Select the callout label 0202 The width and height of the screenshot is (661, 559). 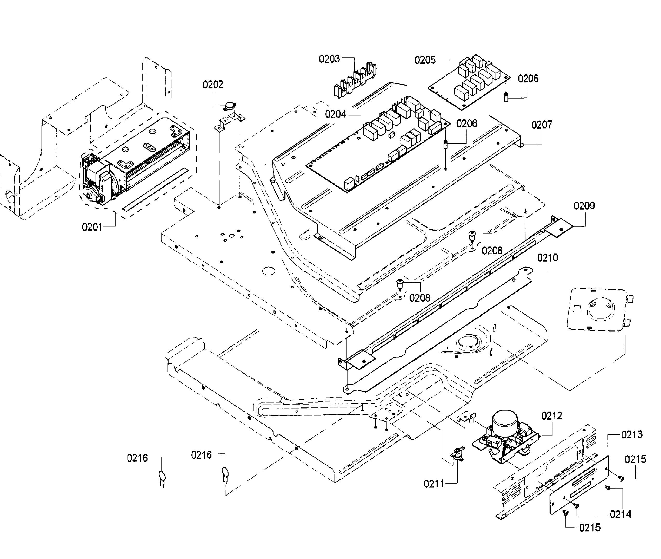click(213, 84)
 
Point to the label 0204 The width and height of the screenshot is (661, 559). click(336, 114)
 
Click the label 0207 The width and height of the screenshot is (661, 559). click(542, 125)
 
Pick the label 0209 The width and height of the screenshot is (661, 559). click(584, 206)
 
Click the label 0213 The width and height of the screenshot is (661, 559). click(632, 434)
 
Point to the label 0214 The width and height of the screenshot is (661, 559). click(620, 514)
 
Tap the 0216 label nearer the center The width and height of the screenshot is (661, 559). click(201, 455)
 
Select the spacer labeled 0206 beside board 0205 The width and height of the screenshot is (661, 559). click(506, 96)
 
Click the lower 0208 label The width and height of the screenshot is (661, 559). click(420, 298)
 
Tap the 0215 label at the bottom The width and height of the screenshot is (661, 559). click(590, 528)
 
